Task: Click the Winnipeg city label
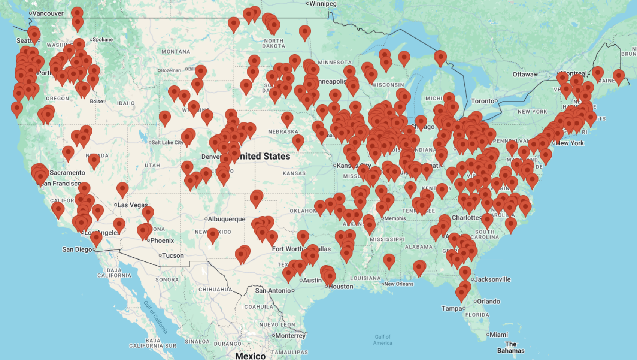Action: pos(323,4)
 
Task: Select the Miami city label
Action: pos(499,335)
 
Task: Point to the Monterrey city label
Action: pos(290,336)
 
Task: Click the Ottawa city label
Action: pos(523,74)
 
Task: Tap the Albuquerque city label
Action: pos(226,219)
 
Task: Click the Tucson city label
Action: pos(173,255)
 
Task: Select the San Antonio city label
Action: pos(273,291)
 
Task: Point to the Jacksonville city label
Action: pos(492,279)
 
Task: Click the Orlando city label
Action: pos(488,302)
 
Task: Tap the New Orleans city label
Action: pos(399,284)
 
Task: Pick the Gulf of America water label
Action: pos(383,340)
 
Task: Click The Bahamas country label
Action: pos(510,347)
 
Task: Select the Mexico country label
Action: pos(250,356)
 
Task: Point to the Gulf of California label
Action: pos(156,317)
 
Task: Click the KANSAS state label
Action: pos(294,173)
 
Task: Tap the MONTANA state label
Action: pos(176,52)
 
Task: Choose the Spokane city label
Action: pos(103,40)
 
